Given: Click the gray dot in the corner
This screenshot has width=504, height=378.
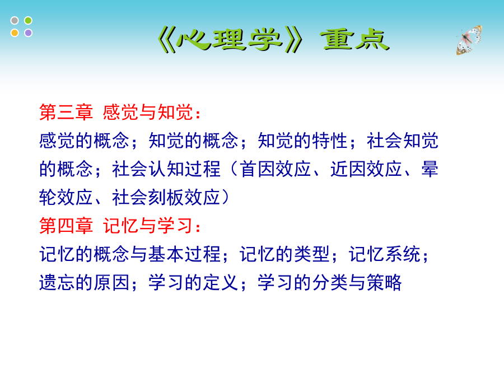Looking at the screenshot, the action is (x=15, y=21).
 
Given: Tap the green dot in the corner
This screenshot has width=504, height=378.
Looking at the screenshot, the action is (x=29, y=21).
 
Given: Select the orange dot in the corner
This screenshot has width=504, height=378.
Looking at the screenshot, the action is (x=15, y=33).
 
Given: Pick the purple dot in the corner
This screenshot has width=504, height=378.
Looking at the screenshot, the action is (x=29, y=33).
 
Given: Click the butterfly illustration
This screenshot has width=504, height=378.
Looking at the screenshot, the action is (x=469, y=40).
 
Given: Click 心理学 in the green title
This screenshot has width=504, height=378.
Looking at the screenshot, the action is (x=230, y=40).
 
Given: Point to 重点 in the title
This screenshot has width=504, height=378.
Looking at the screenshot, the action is (x=355, y=40).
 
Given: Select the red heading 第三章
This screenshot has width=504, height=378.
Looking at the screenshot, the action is (x=66, y=113).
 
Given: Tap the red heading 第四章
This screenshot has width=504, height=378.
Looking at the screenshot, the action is (x=66, y=226).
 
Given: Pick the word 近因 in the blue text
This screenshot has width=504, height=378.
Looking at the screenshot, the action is (x=348, y=169).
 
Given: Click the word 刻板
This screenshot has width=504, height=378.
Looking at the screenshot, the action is (x=166, y=197).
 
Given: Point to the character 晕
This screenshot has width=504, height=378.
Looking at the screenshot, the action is (x=430, y=169).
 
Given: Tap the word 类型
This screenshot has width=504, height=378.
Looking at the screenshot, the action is (x=312, y=254).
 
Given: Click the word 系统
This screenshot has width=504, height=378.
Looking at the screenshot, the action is (x=403, y=254).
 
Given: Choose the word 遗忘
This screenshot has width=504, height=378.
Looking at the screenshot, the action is (x=57, y=282).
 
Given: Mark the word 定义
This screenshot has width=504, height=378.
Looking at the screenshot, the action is (x=221, y=282).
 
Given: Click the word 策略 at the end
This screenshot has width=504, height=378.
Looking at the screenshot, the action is (x=384, y=282).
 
